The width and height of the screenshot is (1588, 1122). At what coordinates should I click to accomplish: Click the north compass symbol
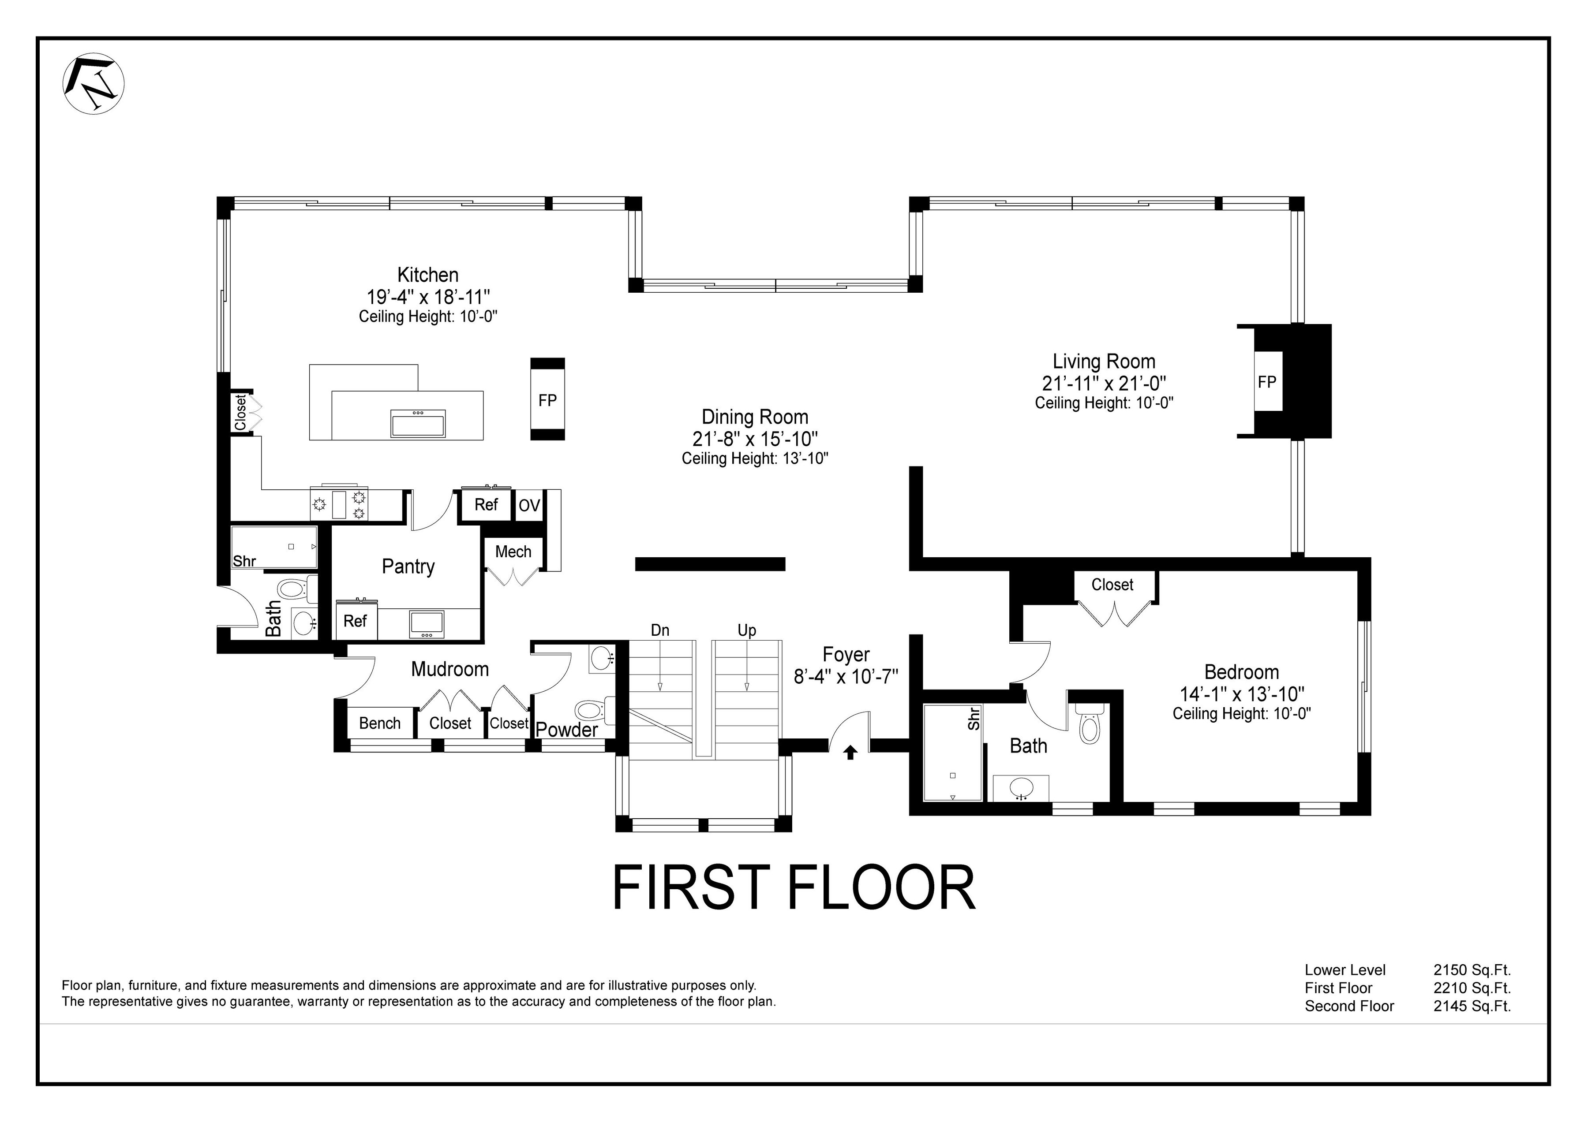coord(94,84)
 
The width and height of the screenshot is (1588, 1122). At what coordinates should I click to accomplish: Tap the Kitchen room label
coord(427,275)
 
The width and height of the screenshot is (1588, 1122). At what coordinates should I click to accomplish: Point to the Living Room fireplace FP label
coord(1266,382)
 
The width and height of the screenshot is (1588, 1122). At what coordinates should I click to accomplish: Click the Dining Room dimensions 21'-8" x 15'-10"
coord(755,438)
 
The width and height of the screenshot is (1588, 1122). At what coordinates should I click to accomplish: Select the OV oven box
coord(529,505)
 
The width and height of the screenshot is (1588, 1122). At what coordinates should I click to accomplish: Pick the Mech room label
coord(513,552)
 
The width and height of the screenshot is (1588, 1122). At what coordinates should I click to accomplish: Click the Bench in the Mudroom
coord(380,723)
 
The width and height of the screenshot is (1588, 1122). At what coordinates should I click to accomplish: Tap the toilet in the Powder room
coord(588,710)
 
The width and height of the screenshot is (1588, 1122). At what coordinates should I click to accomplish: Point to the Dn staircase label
coord(660,630)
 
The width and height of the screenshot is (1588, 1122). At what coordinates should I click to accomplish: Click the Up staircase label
coord(746,630)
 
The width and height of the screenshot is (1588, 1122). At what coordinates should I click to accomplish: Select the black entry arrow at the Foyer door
coord(850,753)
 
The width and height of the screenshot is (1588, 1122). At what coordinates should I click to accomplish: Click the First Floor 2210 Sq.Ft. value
coord(1472,988)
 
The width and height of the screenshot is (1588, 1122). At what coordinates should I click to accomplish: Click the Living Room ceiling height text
coord(1104,403)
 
